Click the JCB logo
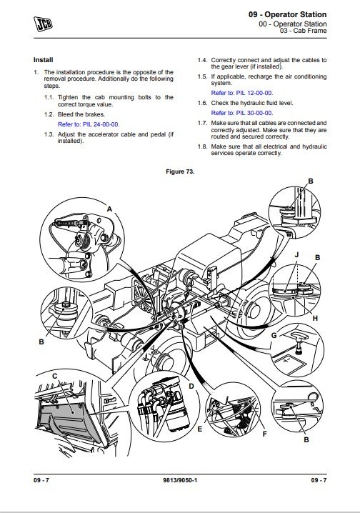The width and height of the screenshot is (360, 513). pos(43,24)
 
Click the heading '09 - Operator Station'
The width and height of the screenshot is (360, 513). pos(287,14)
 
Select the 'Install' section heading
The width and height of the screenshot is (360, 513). pos(43,60)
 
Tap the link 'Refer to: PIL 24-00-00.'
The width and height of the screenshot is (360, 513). pos(89,124)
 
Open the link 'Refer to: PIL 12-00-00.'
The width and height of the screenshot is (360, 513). pos(242,93)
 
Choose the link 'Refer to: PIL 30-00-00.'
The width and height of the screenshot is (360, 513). pos(242,113)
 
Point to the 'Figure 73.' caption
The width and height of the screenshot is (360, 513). pos(180,171)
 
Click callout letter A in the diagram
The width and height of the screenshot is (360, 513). pos(109,209)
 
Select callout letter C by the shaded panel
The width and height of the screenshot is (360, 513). pos(54,377)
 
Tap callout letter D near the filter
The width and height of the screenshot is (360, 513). pos(191,387)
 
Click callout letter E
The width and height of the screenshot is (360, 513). pos(200,429)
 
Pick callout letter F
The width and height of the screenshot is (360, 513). pos(264,434)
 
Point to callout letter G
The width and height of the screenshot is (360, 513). pos(274,335)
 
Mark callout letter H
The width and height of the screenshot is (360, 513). pos(315,319)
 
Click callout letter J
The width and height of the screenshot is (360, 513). pos(296,254)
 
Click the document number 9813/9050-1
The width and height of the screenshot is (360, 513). pos(180,480)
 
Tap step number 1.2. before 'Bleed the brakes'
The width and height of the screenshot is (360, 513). pos(49,114)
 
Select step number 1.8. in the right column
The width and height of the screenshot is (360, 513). pos(202,146)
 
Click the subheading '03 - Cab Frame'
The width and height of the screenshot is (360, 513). pos(303,31)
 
